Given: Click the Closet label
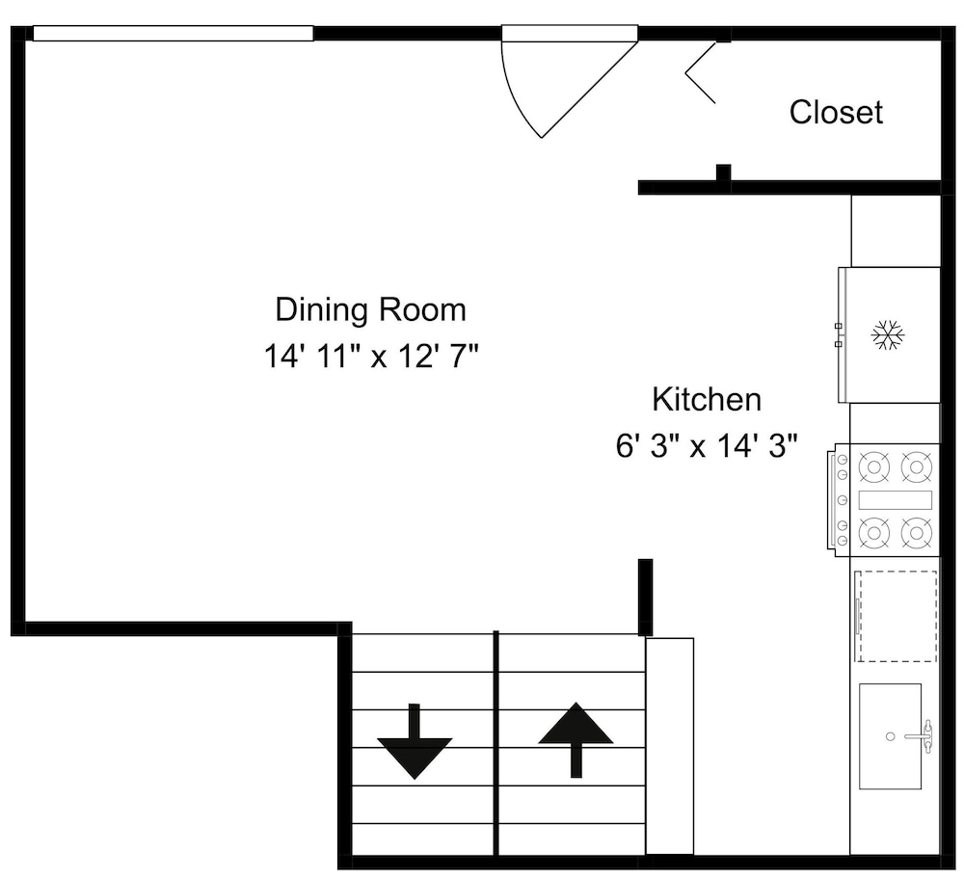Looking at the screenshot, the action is point(836,113).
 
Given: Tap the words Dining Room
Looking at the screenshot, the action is point(371,309).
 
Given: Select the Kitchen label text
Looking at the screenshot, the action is point(707,400).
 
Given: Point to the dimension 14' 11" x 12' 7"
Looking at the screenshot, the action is point(371,356).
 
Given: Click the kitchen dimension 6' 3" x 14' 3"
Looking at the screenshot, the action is point(707,446).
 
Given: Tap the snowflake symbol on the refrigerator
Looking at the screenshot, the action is point(889,335).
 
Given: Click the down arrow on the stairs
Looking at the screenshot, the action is point(415,741).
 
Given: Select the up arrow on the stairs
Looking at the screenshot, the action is point(576,739).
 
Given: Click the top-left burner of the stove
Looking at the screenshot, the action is point(874,466).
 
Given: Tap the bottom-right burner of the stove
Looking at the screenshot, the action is point(917,532).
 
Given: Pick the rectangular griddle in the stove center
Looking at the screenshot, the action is point(896,500).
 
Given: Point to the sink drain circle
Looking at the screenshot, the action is point(890,736).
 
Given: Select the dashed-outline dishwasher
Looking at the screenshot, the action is point(896,616).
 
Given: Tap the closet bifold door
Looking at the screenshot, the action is point(701,72).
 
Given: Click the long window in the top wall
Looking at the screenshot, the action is point(174,33).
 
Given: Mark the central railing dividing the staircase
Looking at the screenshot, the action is point(495,743).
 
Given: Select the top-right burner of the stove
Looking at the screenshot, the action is point(917,466).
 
